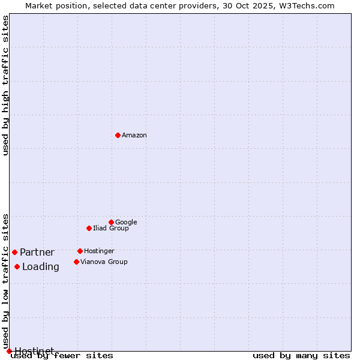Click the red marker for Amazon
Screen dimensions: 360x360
click(118, 135)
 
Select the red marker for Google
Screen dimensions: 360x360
click(111, 222)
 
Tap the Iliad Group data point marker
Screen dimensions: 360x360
click(89, 228)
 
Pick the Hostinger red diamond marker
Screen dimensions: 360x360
click(80, 251)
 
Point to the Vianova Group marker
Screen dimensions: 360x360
click(76, 262)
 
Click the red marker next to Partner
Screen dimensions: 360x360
click(14, 252)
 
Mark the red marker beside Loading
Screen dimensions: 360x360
click(17, 266)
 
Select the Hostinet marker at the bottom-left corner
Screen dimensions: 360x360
click(9, 351)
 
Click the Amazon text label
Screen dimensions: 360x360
click(134, 135)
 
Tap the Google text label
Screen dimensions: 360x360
click(126, 222)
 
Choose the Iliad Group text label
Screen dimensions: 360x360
click(111, 228)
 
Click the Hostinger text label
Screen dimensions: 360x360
click(99, 251)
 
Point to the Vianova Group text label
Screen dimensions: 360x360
click(104, 262)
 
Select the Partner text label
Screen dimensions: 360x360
click(37, 252)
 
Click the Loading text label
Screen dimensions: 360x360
click(41, 266)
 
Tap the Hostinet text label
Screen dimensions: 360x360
click(34, 351)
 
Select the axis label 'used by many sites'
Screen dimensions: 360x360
click(301, 355)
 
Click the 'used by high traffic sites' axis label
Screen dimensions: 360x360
click(6, 85)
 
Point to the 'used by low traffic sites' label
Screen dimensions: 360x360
click(6, 281)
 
